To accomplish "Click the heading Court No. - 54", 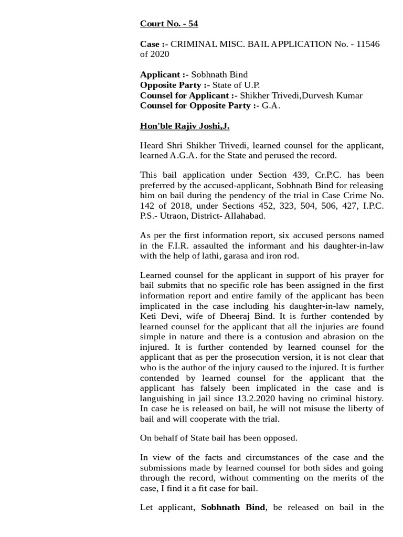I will (x=169, y=24).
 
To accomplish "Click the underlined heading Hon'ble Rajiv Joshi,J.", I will (x=185, y=126).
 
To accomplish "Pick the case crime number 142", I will (x=148, y=206).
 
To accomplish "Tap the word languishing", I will (x=164, y=399).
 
